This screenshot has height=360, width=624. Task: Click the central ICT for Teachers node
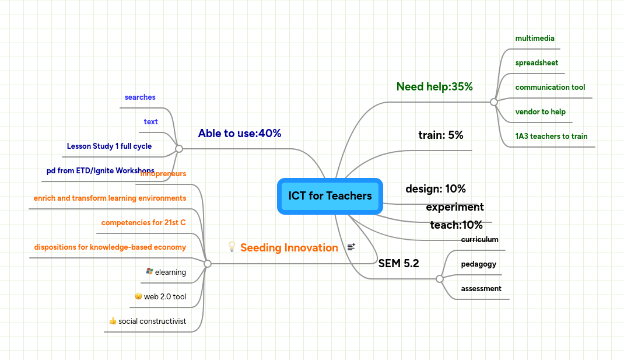pos(330,196)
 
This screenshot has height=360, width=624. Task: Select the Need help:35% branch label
pos(434,87)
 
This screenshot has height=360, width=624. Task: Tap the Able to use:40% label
pos(240,134)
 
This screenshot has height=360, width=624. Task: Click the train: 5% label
pos(441,135)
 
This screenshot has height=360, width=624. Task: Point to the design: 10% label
pos(436,189)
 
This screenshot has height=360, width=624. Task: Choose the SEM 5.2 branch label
pos(399,263)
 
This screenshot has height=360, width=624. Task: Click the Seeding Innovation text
pos(289,248)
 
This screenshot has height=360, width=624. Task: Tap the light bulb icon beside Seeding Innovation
pos(232,247)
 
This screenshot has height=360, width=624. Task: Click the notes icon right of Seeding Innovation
pos(351,247)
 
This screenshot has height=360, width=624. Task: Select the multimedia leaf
pos(535,39)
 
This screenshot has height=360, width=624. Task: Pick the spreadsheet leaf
pos(537,63)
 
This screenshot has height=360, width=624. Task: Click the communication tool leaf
pos(550,88)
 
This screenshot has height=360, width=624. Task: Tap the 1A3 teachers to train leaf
pos(551,137)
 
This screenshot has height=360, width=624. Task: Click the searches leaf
pos(140,97)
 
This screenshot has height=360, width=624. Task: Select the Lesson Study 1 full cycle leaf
pos(109,146)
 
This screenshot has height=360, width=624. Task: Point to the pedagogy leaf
pos(478,264)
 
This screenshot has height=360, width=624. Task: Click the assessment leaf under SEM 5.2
pos(481,289)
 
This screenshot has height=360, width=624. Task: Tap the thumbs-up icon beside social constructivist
pos(113,321)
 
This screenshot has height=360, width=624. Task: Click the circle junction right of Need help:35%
pos(494,102)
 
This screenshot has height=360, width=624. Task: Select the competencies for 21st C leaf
pos(143,223)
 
